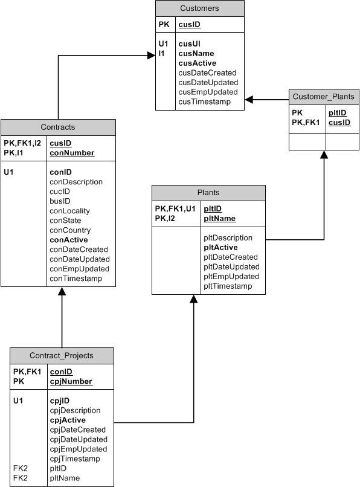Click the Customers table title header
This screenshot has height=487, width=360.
[200, 8]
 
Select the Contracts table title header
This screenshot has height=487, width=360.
[58, 127]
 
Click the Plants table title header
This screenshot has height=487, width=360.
[208, 193]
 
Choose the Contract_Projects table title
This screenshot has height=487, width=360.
[62, 355]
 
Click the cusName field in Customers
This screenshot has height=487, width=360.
[197, 53]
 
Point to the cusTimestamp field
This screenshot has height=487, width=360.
[205, 102]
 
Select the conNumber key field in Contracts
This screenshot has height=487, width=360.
[72, 153]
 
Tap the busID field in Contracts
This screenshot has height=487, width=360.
[60, 201]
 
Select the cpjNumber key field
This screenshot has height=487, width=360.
[71, 381]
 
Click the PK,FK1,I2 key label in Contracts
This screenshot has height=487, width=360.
[24, 143]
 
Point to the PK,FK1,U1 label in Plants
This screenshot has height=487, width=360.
[175, 208]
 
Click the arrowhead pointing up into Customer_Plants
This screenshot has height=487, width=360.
[324, 154]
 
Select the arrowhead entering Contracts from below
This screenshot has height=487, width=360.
[62, 291]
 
